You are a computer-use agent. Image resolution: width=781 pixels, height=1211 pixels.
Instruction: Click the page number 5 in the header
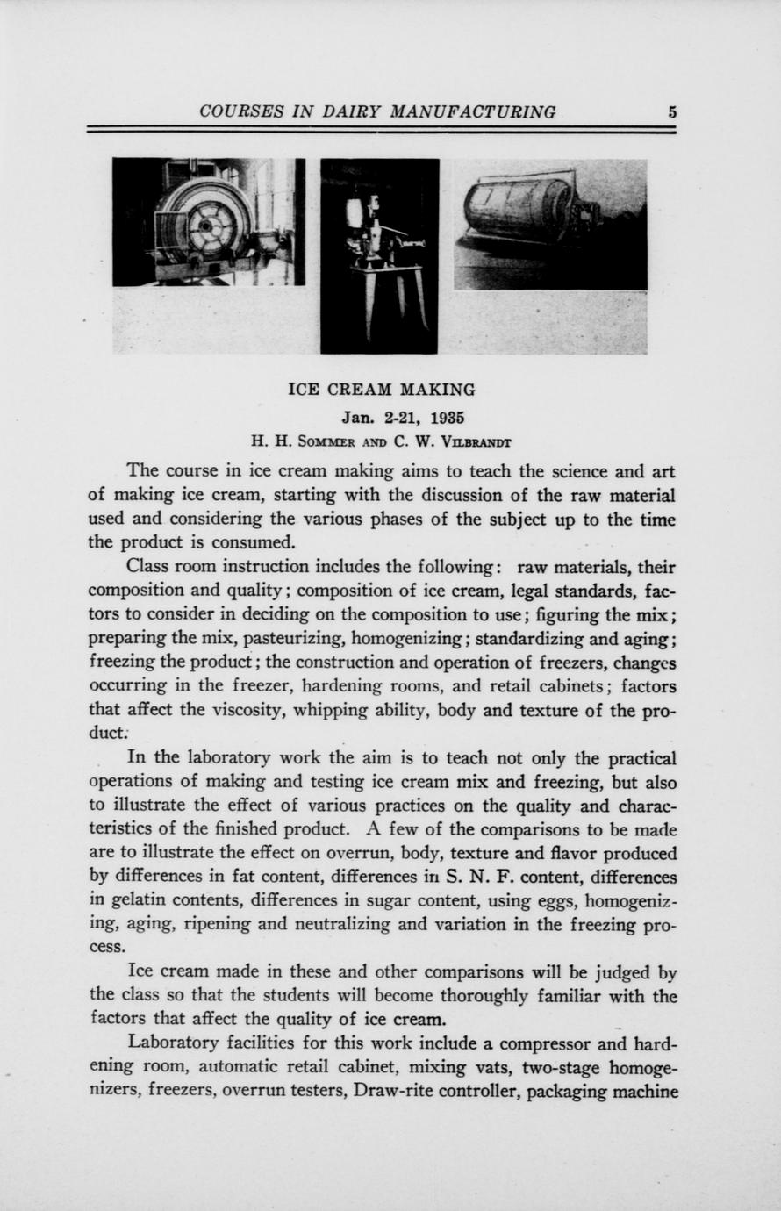[x=671, y=112]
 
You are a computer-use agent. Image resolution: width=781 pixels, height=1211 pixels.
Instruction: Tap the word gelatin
[x=134, y=900]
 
